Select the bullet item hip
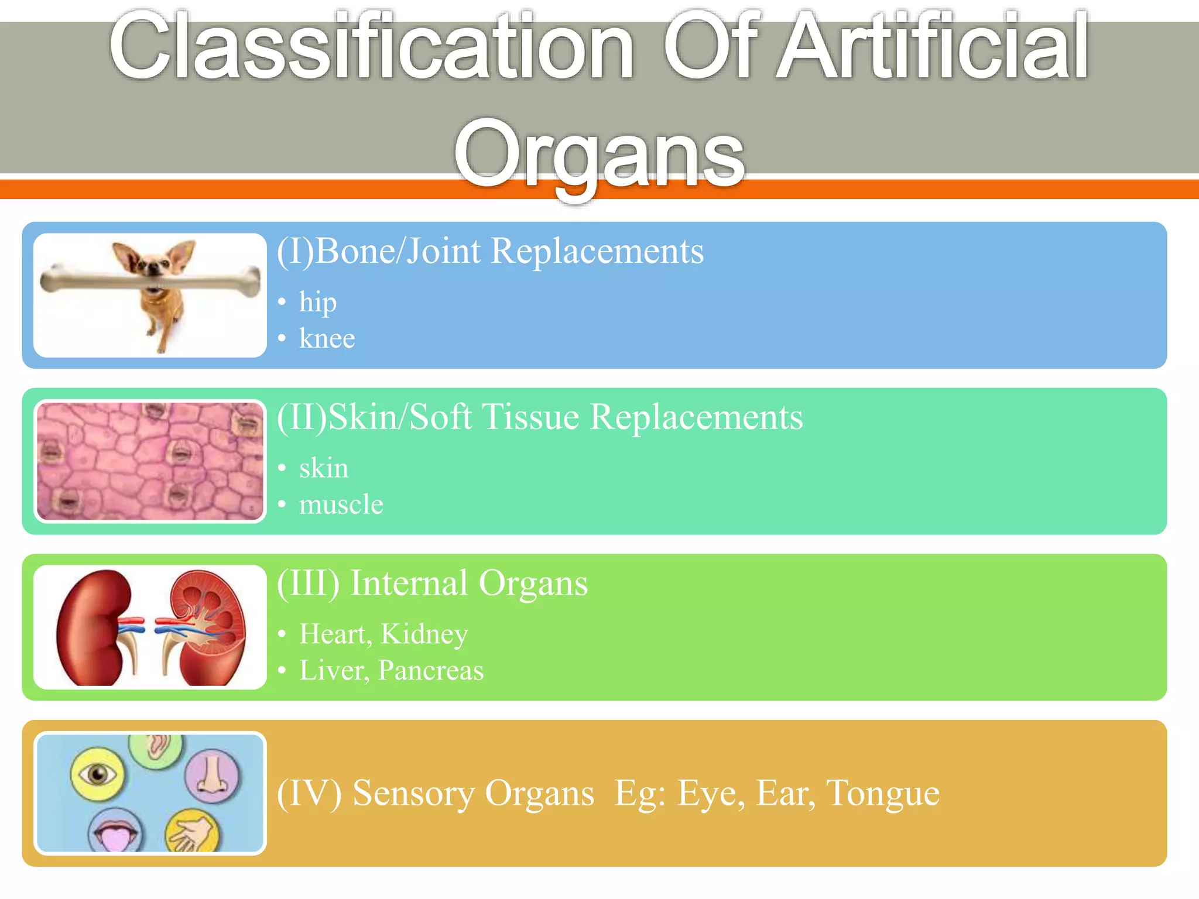click(317, 303)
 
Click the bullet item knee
click(327, 339)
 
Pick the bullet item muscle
click(341, 505)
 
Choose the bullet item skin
click(323, 468)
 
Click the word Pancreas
click(430, 670)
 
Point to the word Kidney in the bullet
click(424, 634)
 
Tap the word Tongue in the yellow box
click(882, 793)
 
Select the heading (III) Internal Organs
click(432, 584)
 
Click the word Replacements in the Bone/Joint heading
click(597, 252)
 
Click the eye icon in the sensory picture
click(97, 774)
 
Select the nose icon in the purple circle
click(211, 776)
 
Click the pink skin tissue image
click(150, 461)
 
